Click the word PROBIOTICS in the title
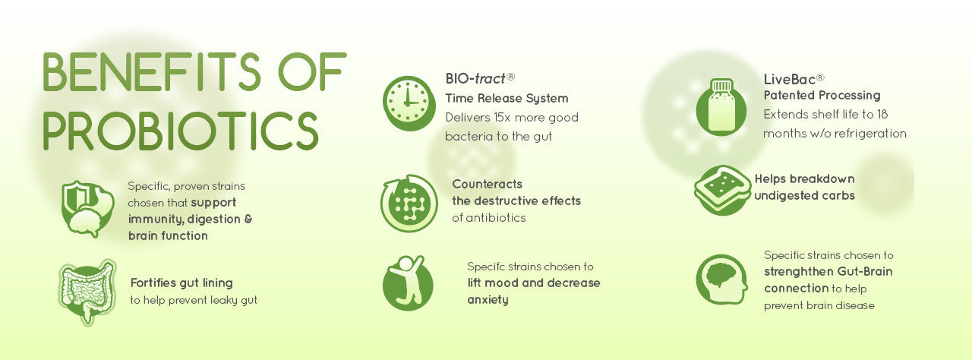pyautogui.click(x=181, y=131)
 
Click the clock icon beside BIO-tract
pyautogui.click(x=409, y=103)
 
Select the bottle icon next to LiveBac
pyautogui.click(x=721, y=106)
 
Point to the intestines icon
pyautogui.click(x=87, y=292)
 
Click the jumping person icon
pyautogui.click(x=408, y=283)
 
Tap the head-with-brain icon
pyautogui.click(x=721, y=279)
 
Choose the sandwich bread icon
pyautogui.click(x=722, y=190)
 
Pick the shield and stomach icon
pyautogui.click(x=87, y=209)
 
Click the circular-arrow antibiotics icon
pyautogui.click(x=409, y=203)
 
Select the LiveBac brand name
pyautogui.click(x=790, y=80)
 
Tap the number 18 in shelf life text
pyautogui.click(x=882, y=114)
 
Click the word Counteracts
pyautogui.click(x=488, y=184)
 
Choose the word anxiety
pyautogui.click(x=488, y=300)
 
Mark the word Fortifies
pyautogui.click(x=151, y=283)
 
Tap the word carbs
pyautogui.click(x=839, y=196)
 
